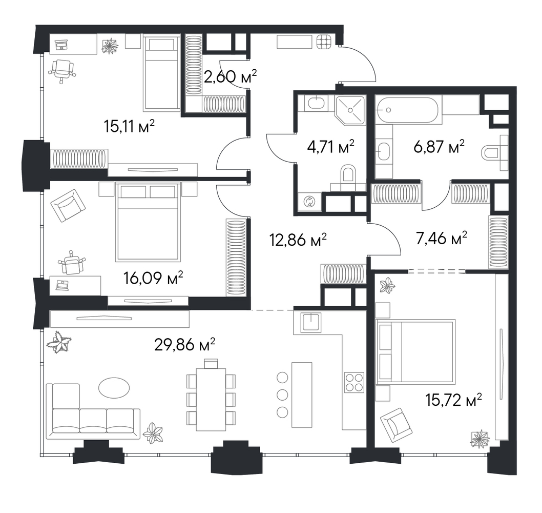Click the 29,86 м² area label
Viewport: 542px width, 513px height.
[x=184, y=345]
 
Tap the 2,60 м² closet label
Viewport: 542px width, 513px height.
[x=230, y=76]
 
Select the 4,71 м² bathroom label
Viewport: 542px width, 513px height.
[x=331, y=147]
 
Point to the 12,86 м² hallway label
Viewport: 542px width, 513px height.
[x=298, y=240]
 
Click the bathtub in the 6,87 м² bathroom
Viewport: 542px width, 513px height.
[x=407, y=110]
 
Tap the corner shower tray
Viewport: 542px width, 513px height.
[x=350, y=110]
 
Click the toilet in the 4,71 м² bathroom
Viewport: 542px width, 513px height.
[x=348, y=176]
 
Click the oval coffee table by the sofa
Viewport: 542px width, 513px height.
[x=114, y=387]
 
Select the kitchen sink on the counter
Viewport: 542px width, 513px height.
[x=311, y=322]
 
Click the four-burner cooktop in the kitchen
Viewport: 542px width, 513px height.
[x=355, y=382]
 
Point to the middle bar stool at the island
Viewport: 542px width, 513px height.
[x=282, y=394]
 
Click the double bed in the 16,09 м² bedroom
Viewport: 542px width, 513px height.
[x=148, y=222]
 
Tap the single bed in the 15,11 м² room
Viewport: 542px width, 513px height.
[x=161, y=73]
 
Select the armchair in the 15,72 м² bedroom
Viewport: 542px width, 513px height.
[x=396, y=424]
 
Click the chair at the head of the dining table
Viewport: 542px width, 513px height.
[x=211, y=364]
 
